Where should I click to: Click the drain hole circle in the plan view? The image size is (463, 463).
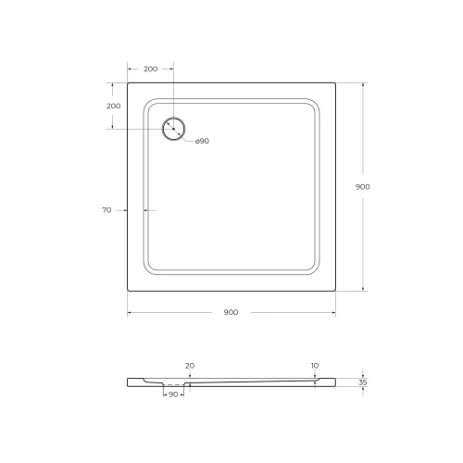pyautogui.click(x=173, y=129)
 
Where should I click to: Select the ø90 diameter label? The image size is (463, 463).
pyautogui.click(x=202, y=141)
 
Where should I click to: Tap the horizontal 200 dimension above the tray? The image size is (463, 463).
pyautogui.click(x=150, y=69)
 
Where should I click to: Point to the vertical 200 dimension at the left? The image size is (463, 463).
pyautogui.click(x=113, y=106)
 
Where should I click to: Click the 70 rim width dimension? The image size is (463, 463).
pyautogui.click(x=106, y=210)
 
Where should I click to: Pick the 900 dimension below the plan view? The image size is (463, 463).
pyautogui.click(x=231, y=312)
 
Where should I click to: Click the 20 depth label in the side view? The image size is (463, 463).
pyautogui.click(x=189, y=366)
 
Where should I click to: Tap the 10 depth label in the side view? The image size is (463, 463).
pyautogui.click(x=315, y=366)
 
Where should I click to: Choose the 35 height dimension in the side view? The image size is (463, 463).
pyautogui.click(x=363, y=381)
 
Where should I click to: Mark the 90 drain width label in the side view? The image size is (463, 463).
pyautogui.click(x=173, y=395)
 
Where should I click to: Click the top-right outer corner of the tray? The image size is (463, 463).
pyautogui.click(x=335, y=82)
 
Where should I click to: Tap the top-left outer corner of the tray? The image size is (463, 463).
pyautogui.click(x=127, y=82)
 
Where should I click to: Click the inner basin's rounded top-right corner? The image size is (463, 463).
pyautogui.click(x=316, y=103)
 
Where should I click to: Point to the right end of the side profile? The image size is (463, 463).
pyautogui.click(x=334, y=380)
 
